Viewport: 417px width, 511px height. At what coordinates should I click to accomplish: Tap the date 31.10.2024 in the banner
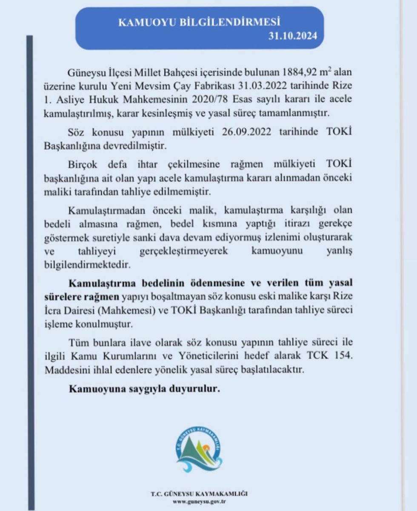[293, 36]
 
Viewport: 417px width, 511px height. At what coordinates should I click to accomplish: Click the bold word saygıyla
[149, 389]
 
